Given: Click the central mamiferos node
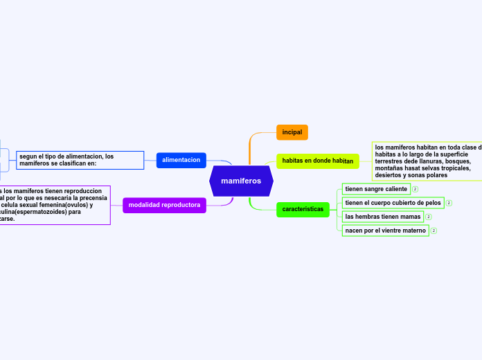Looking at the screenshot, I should tap(241, 181).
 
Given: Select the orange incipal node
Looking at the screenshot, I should tap(292, 132).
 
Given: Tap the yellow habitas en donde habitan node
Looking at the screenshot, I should tap(318, 161).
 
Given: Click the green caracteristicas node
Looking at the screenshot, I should tap(303, 209).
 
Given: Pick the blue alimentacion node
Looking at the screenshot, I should tap(181, 160).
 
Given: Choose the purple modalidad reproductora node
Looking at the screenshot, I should tap(164, 205).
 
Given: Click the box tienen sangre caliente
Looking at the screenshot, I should tap(376, 189).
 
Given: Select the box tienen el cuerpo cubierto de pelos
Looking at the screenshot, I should tap(393, 203).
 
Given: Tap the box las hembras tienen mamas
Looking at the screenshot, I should tap(383, 217).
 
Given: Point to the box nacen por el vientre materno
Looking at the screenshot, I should tap(385, 231).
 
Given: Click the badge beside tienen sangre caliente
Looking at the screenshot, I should tap(415, 189).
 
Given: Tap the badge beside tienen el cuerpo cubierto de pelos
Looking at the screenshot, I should tap(449, 203).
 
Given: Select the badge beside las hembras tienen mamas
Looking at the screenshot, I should tap(429, 217).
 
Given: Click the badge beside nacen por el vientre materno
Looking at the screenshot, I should tap(434, 231).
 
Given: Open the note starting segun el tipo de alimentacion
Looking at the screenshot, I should tap(80, 160).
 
